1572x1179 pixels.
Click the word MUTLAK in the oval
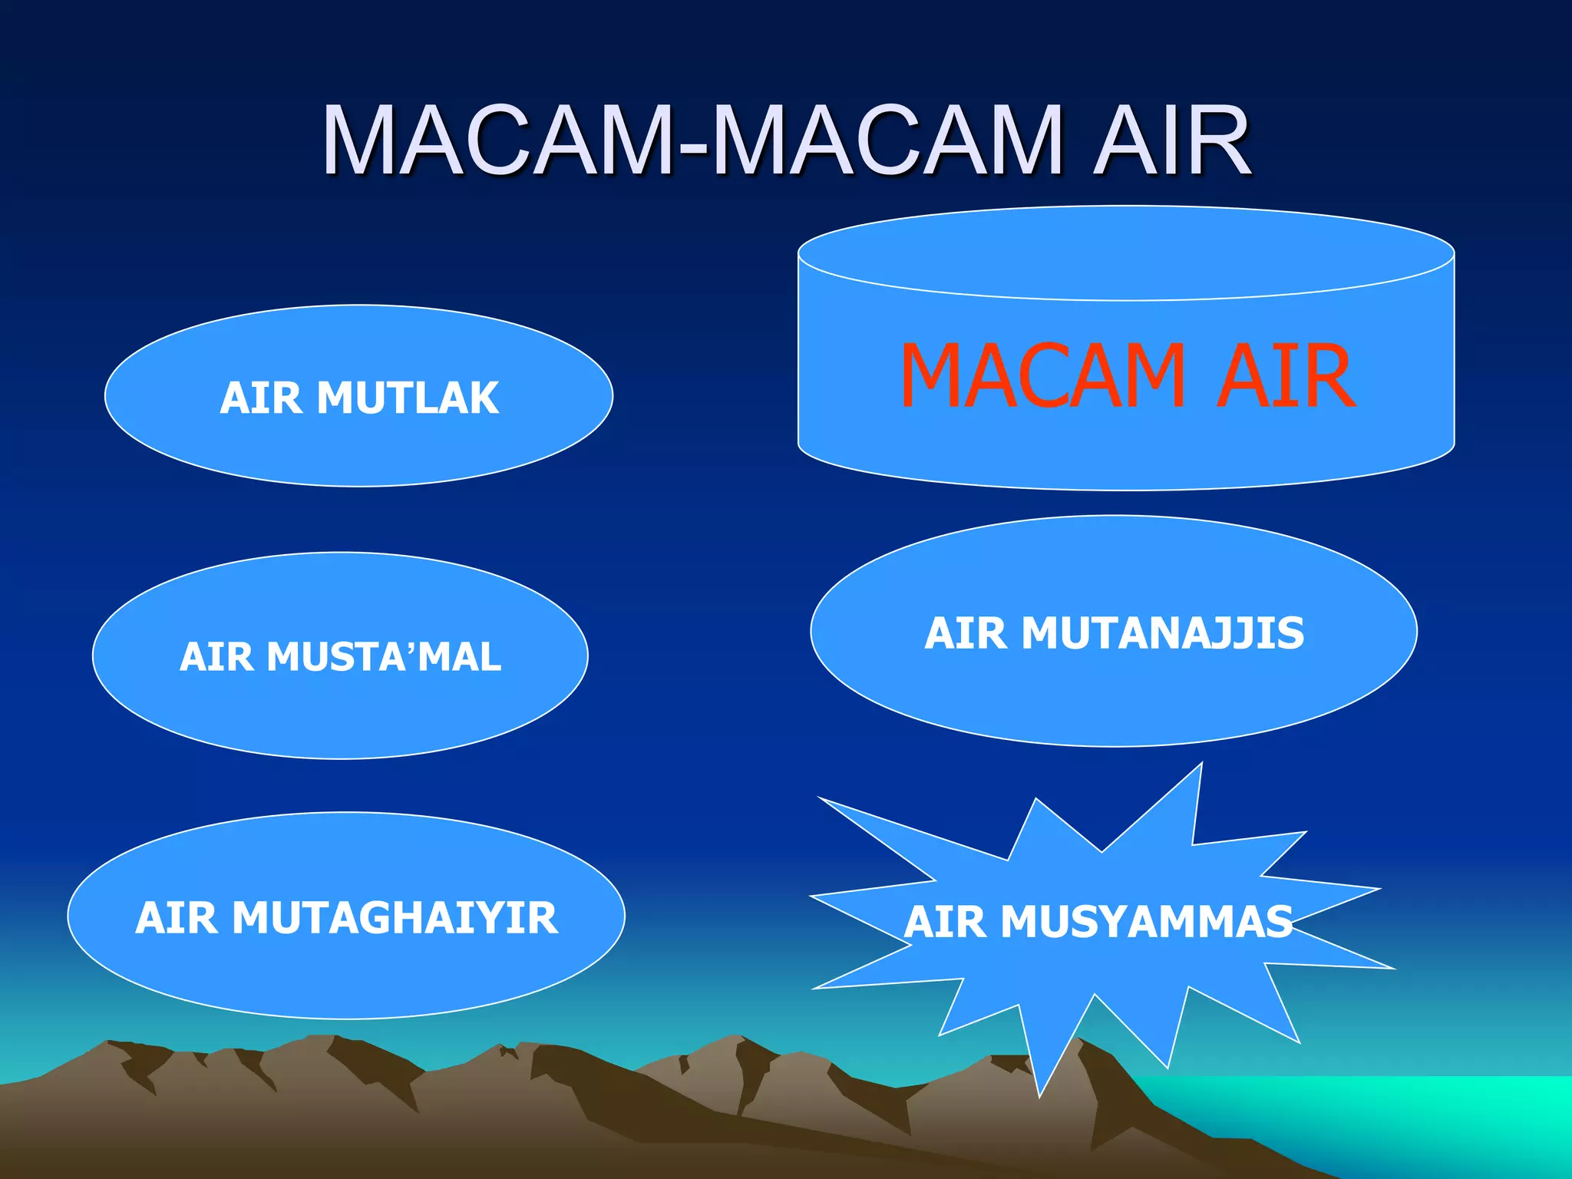point(408,398)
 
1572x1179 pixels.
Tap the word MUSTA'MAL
point(384,657)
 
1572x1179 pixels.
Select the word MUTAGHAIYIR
point(395,918)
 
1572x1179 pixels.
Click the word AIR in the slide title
point(1171,141)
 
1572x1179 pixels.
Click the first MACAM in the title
point(497,141)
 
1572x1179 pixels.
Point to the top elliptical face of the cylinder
point(1126,253)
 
